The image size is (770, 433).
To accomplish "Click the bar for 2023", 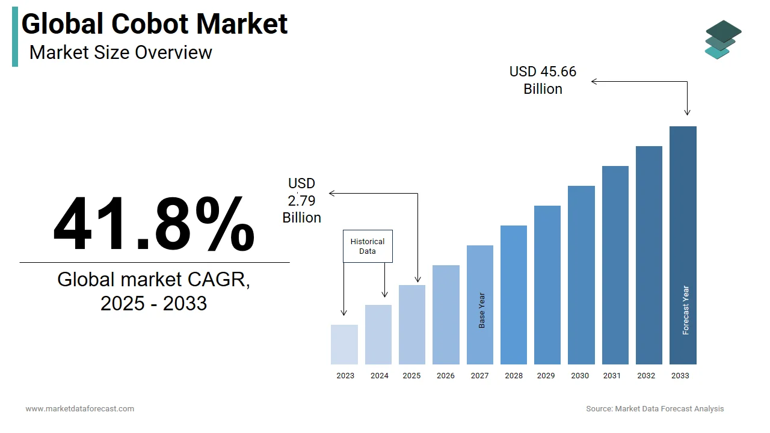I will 344,345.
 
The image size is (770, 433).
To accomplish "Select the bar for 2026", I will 446,315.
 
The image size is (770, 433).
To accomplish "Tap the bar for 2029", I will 547,285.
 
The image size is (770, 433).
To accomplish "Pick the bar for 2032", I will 648,255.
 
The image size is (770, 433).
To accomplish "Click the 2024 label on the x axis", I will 379,376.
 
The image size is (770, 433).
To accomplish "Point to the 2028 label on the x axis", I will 514,376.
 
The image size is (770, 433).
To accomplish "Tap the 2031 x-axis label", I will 612,376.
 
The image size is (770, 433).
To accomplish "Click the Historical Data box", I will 368,246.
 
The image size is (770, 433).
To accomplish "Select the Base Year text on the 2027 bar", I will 482,310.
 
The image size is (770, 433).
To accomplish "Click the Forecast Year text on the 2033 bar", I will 686,310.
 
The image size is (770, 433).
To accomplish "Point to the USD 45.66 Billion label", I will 543,80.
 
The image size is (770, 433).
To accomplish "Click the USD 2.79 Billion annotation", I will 302,200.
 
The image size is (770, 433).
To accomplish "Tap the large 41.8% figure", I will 154,224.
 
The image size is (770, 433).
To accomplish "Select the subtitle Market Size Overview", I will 120,52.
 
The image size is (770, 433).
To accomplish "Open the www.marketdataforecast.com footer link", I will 80,409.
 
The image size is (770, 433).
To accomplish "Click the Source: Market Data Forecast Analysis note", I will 655,409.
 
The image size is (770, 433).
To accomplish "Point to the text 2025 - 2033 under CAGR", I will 153,303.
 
